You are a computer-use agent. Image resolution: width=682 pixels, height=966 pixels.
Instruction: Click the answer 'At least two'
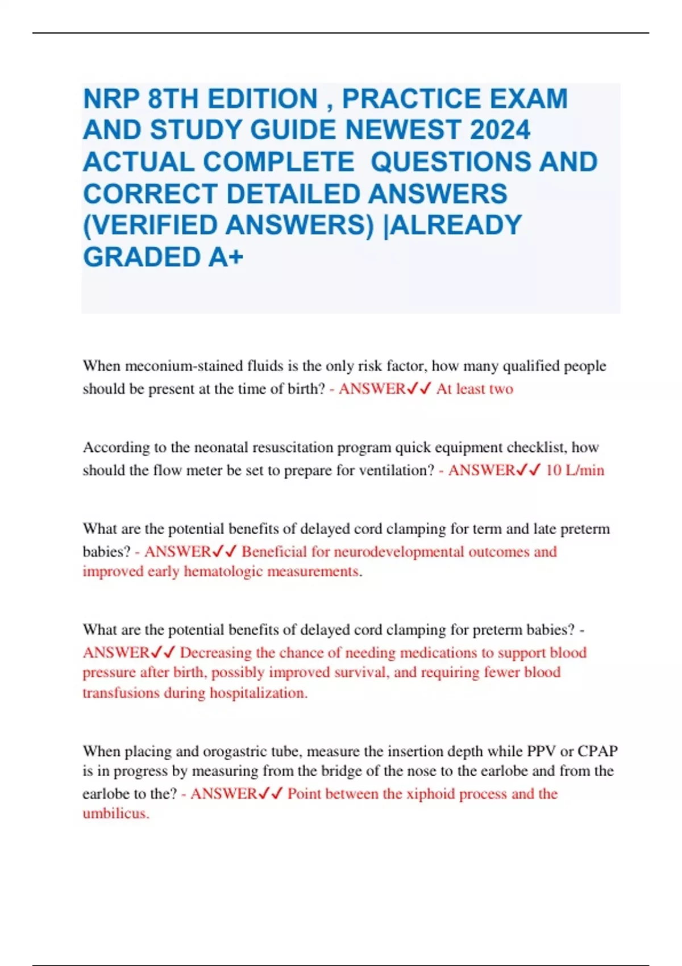(x=475, y=389)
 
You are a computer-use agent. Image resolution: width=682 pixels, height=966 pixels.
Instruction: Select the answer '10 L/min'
(x=575, y=470)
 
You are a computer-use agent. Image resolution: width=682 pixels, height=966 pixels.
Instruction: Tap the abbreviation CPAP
(x=598, y=751)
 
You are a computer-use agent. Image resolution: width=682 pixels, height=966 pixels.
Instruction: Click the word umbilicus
(x=115, y=814)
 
